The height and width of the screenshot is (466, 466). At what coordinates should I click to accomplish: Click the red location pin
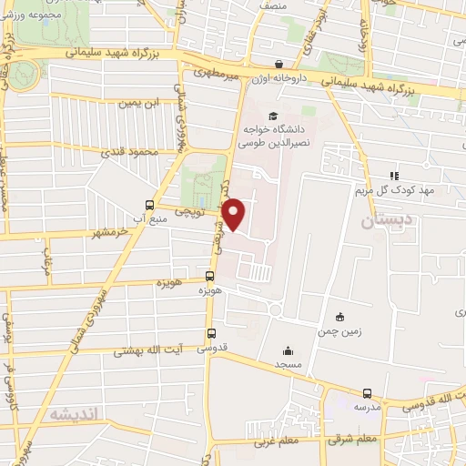(x=235, y=214)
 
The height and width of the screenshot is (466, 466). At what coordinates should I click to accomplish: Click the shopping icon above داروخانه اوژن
(x=278, y=65)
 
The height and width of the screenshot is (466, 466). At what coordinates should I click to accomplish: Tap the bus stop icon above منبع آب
(x=149, y=205)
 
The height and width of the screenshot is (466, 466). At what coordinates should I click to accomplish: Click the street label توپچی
(x=201, y=211)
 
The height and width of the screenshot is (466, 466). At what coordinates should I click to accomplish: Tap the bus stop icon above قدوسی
(x=211, y=332)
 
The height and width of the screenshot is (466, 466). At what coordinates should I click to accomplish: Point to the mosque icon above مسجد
(x=288, y=350)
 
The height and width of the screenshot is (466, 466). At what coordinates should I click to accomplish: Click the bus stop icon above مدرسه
(x=367, y=393)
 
